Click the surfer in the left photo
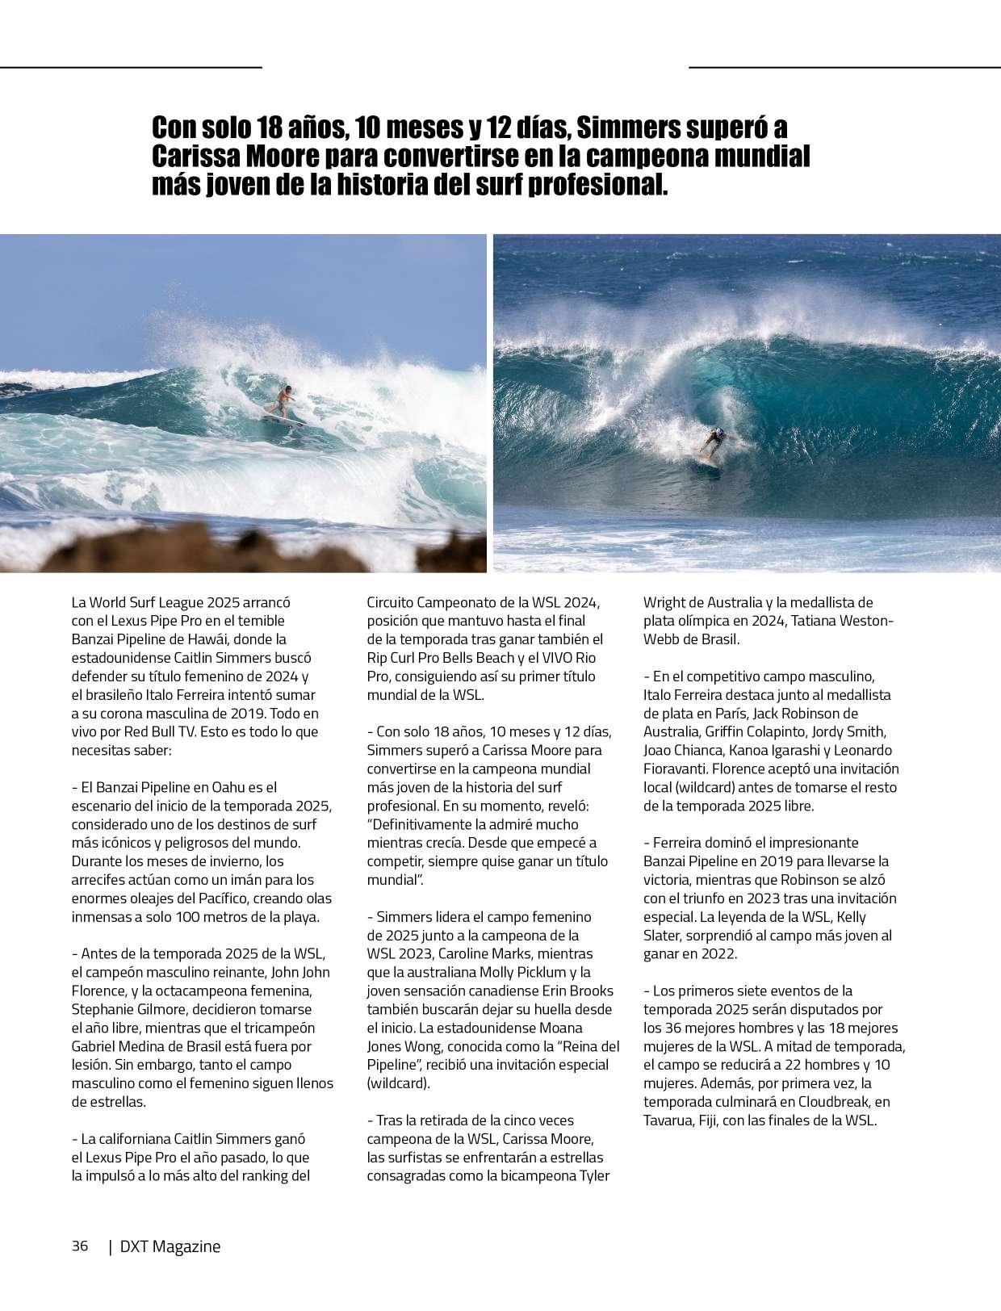(x=284, y=400)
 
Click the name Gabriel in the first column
(x=95, y=1047)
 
